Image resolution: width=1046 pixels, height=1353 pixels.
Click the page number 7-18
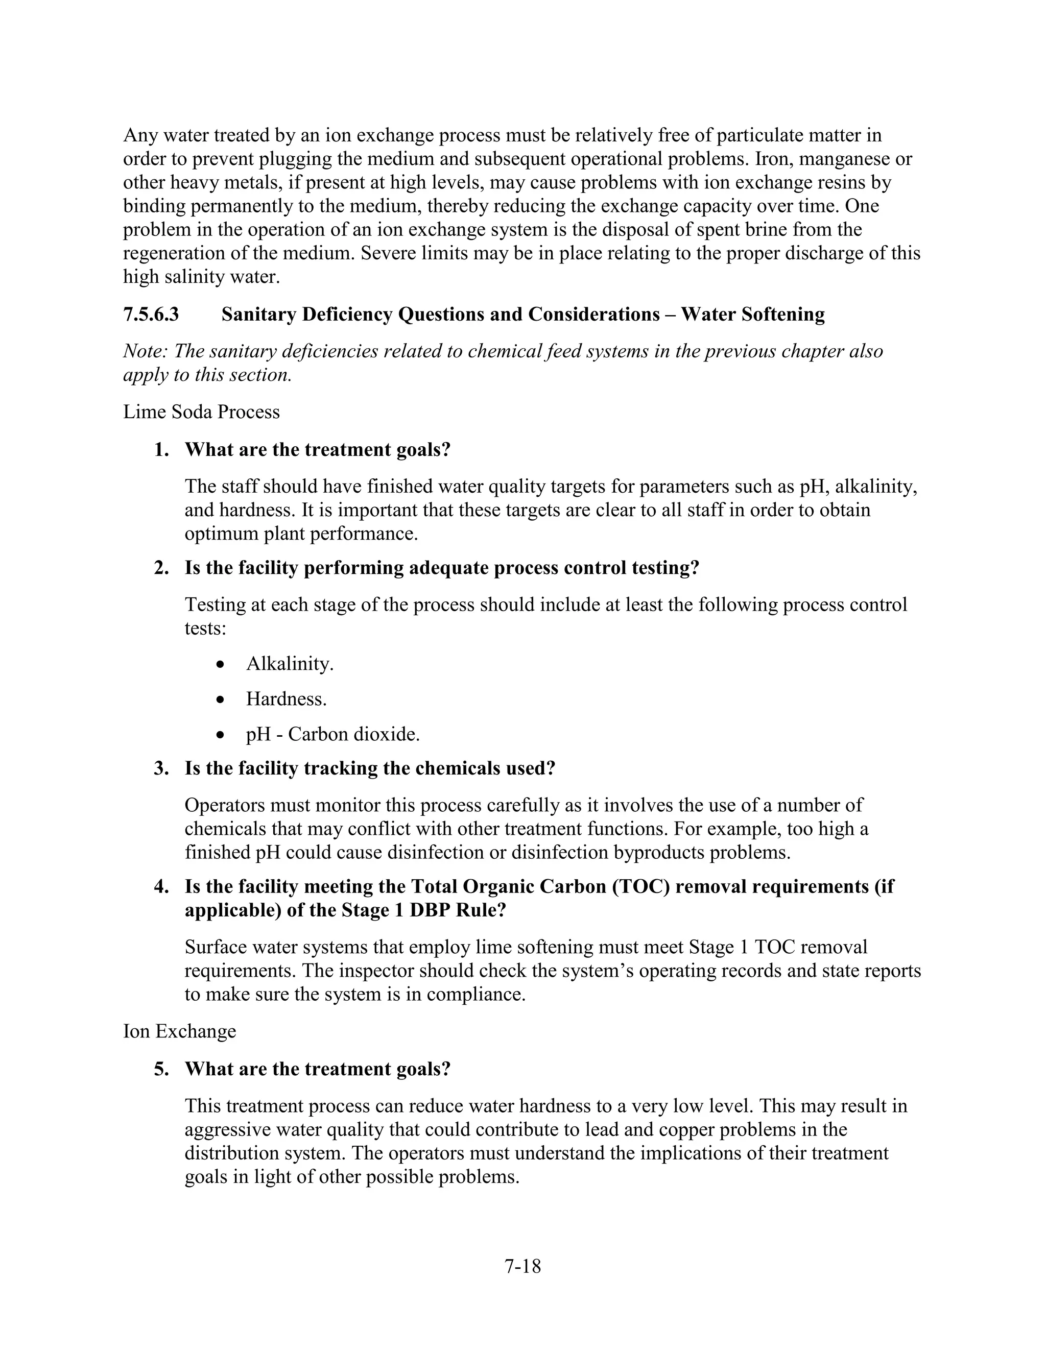click(522, 1266)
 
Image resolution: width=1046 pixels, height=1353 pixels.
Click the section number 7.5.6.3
click(151, 315)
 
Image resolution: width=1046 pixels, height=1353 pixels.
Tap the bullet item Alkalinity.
click(290, 664)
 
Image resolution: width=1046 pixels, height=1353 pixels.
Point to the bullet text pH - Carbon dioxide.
click(333, 734)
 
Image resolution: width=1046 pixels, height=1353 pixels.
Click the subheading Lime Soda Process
click(201, 412)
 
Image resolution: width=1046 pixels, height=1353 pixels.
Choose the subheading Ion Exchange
click(180, 1031)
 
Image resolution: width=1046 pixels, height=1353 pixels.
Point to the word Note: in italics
click(145, 351)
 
